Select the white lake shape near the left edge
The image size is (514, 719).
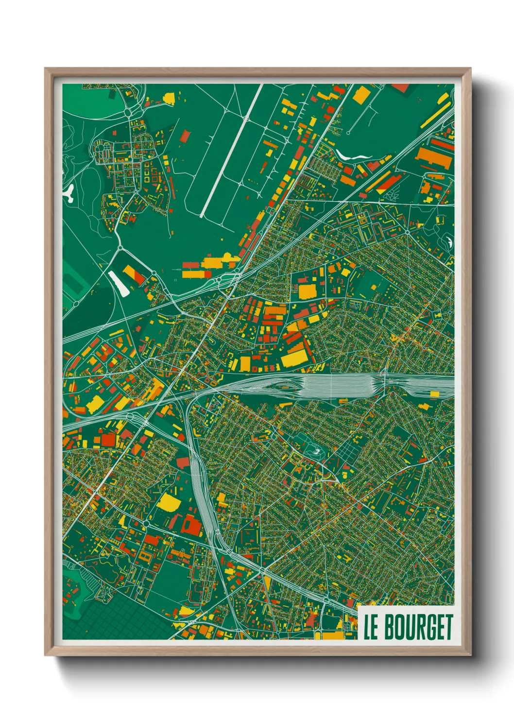[69, 193]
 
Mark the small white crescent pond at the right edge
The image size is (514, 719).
[450, 241]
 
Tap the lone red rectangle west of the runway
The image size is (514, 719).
[185, 136]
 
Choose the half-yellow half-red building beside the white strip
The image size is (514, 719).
[134, 274]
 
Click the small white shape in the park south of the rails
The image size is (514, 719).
[316, 451]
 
